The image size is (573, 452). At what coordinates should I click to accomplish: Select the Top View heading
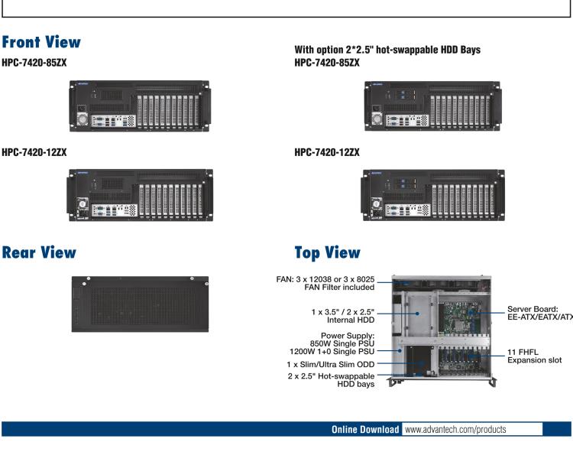click(327, 252)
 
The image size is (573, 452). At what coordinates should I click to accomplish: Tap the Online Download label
click(365, 429)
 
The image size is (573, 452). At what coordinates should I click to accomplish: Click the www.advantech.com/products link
click(455, 429)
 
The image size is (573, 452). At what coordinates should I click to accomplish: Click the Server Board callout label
click(539, 313)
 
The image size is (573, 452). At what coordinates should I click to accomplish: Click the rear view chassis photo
click(141, 304)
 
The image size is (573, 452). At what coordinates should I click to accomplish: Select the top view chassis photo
click(441, 327)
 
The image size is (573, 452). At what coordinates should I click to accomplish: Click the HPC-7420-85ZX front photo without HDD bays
click(141, 106)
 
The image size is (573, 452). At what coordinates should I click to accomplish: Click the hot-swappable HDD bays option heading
click(387, 50)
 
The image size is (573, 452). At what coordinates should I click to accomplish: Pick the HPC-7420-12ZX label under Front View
click(34, 152)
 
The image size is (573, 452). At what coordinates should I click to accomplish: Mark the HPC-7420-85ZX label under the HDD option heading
click(327, 62)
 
